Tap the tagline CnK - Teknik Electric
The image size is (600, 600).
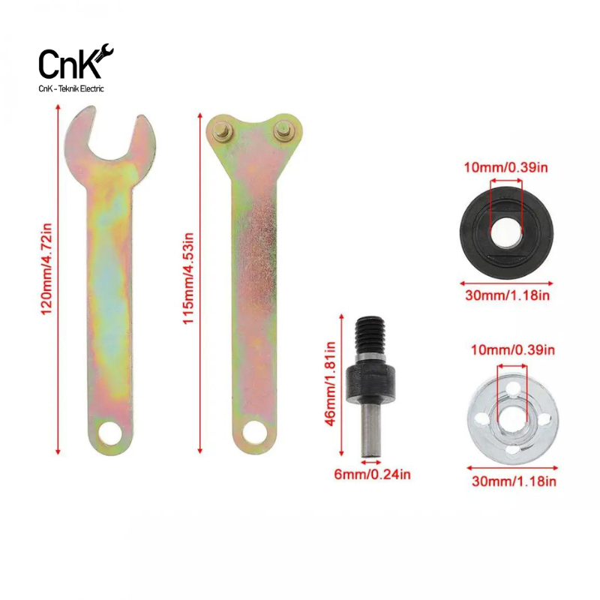pos(71,88)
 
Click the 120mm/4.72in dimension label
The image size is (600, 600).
pos(46,269)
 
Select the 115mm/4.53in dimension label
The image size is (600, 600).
pos(188,278)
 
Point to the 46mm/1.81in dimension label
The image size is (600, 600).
pos(329,384)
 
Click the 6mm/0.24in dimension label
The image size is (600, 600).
pos(372,475)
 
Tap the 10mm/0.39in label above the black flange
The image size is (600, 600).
pos(505,167)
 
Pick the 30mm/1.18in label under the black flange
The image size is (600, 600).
pos(508,295)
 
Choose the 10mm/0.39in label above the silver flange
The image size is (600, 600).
pos(513,349)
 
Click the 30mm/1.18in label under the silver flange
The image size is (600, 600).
pos(514,481)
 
